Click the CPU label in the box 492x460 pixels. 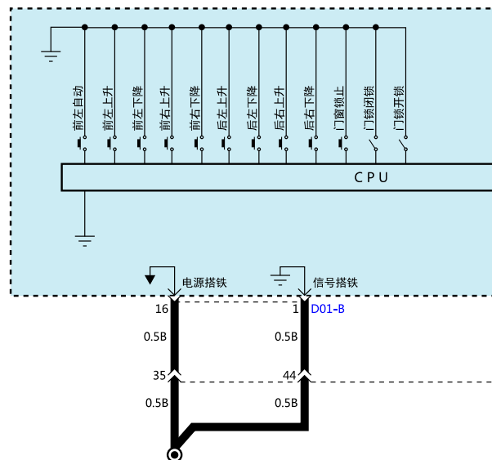[371, 177]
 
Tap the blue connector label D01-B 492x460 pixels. [328, 309]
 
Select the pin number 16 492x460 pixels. [162, 309]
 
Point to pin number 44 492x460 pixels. [289, 375]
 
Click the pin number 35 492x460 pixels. [159, 375]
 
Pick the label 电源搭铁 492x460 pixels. [204, 283]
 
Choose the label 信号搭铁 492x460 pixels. [335, 283]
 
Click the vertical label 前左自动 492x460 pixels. [78, 108]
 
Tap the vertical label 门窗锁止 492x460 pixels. [339, 108]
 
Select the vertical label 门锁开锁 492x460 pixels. [399, 108]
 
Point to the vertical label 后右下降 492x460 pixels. [309, 108]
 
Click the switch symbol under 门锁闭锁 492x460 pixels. [373, 144]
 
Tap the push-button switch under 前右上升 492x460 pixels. [169, 144]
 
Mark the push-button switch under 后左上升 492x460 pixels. [226, 144]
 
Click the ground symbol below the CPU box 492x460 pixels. [85, 241]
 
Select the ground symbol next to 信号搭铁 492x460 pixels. [280, 280]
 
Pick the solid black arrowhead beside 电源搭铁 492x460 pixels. [150, 279]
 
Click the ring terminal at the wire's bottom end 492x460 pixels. [174, 454]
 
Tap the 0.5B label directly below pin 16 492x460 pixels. [155, 337]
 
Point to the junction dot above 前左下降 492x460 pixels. [145, 27]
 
